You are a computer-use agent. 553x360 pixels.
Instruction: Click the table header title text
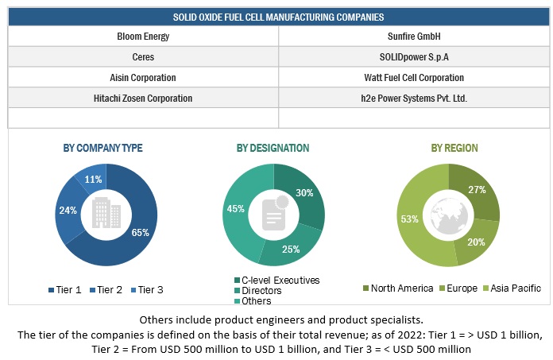pyautogui.click(x=277, y=16)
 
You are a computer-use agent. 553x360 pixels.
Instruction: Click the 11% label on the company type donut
pyautogui.click(x=93, y=180)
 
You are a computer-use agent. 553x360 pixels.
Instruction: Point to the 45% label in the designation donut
pyautogui.click(x=235, y=209)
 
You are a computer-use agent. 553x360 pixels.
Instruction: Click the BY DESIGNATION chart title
pyautogui.click(x=273, y=148)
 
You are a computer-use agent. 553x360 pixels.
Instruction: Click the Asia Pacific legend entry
pyautogui.click(x=511, y=288)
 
